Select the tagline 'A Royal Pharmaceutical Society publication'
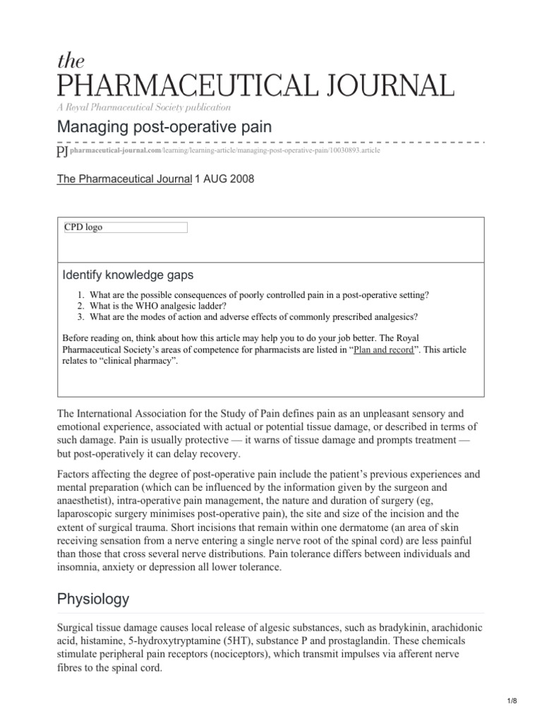[143, 107]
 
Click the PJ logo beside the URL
[61, 153]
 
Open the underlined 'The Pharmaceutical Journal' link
[124, 179]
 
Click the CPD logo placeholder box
[126, 227]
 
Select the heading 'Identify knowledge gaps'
[128, 275]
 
